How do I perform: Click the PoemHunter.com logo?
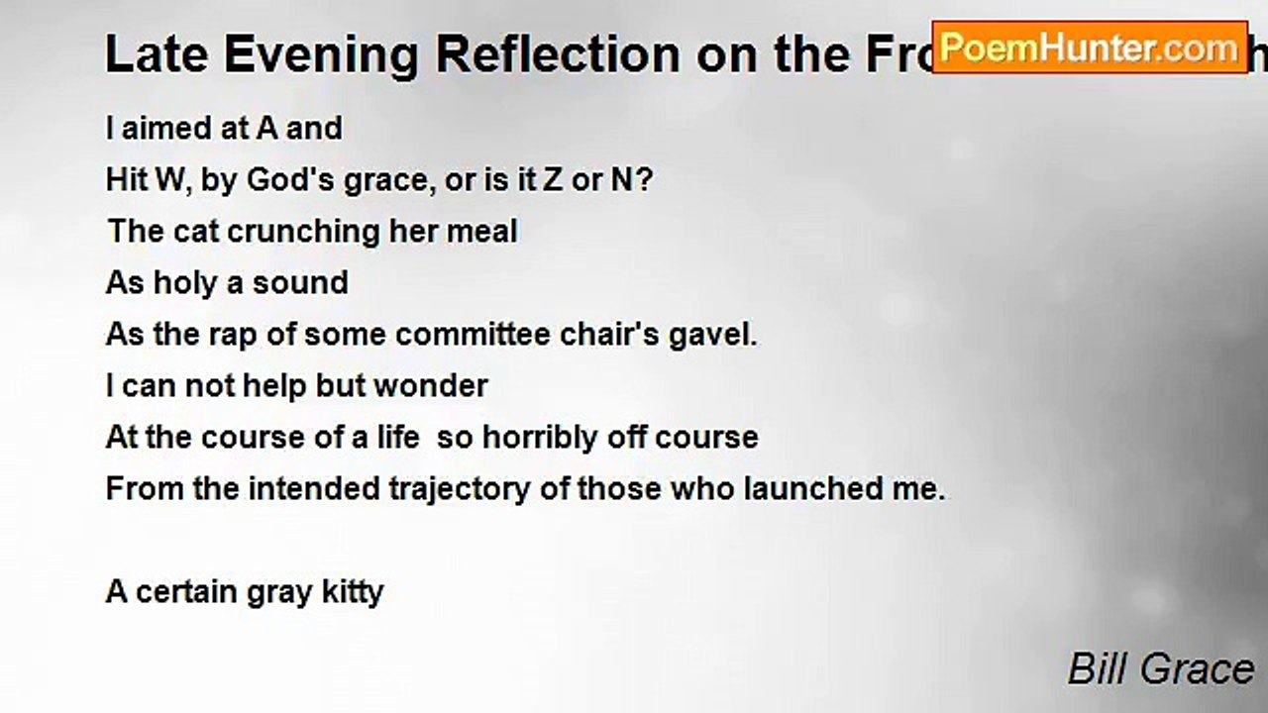click(1090, 47)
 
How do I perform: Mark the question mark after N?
click(645, 180)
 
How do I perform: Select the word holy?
click(185, 283)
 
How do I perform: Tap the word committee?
click(450, 335)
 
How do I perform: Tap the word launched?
click(820, 489)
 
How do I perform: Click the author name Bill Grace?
click(1161, 669)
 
